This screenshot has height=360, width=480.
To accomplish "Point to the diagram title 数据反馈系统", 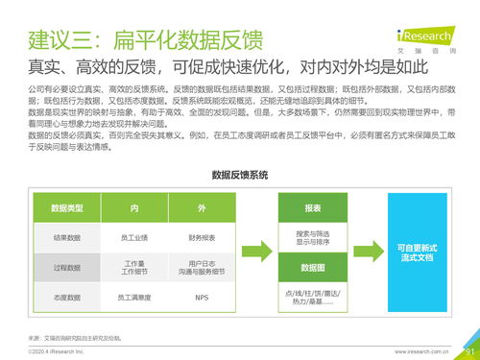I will pos(240,176).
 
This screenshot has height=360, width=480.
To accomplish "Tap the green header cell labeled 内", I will pos(134,207).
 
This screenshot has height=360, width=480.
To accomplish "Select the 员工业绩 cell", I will pos(134,237).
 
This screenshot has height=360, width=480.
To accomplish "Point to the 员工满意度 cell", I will pos(134,298).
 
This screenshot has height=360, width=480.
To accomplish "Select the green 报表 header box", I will pos(313,207).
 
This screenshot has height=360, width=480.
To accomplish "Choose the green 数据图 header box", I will pos(313,267).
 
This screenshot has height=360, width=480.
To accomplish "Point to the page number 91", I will pos(468,350).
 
